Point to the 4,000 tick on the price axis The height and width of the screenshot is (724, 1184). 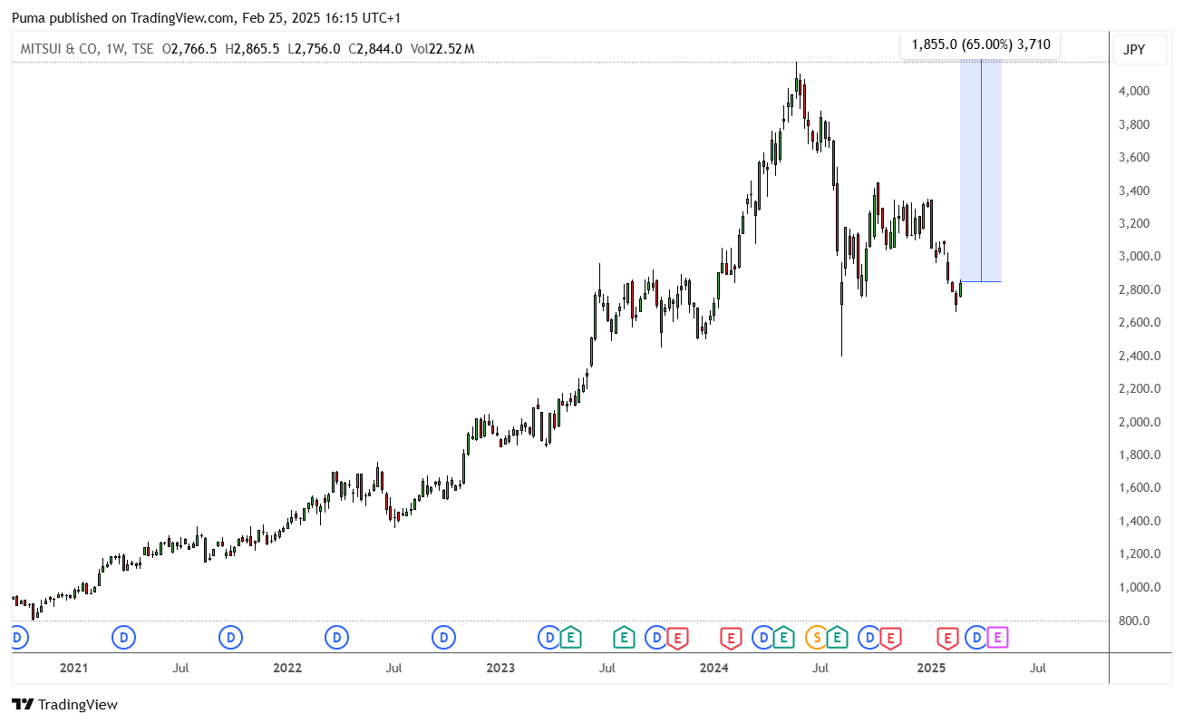(x=1134, y=91)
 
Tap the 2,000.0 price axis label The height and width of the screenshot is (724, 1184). (x=1139, y=422)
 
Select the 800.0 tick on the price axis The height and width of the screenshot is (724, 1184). (x=1134, y=621)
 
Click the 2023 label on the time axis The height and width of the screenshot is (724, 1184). (x=500, y=668)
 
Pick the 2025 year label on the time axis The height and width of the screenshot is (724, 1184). (x=931, y=668)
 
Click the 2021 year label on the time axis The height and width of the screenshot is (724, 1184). (x=73, y=668)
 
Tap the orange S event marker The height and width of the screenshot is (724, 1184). (x=817, y=638)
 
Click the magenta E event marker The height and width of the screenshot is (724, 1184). (x=997, y=638)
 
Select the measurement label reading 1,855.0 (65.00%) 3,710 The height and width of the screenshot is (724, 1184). (x=981, y=44)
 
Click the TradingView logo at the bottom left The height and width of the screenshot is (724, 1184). (x=64, y=704)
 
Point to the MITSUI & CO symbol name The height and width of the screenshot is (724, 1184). (x=59, y=49)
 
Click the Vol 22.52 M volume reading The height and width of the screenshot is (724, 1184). (x=442, y=49)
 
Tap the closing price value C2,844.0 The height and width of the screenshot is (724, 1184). (x=375, y=49)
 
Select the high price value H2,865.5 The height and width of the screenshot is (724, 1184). (x=252, y=49)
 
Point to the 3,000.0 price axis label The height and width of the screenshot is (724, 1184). (x=1139, y=257)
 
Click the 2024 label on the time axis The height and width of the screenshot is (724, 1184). (x=713, y=668)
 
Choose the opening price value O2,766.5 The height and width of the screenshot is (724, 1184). (x=189, y=49)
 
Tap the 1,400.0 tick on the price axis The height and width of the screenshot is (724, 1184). (x=1139, y=522)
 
